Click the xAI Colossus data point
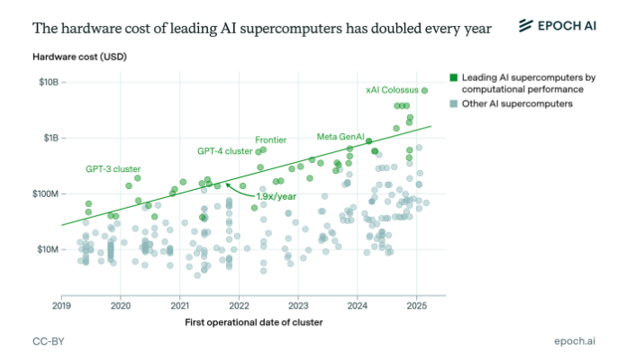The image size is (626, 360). [x=424, y=91]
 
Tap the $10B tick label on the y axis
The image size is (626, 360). [x=49, y=82]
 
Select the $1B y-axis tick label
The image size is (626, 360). [x=51, y=138]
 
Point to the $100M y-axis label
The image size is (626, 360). [x=46, y=194]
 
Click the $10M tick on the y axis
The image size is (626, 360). [x=48, y=250]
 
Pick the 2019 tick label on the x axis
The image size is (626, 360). [x=61, y=306]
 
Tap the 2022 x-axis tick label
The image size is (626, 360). [x=239, y=306]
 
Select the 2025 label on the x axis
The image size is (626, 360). [x=416, y=306]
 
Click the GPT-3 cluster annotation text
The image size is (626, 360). [x=113, y=169]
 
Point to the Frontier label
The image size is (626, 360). [x=271, y=140]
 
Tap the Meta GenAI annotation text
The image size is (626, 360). [x=340, y=137]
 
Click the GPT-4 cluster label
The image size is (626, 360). [x=225, y=151]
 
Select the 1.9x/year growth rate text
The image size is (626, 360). [x=276, y=197]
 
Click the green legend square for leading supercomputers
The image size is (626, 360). [x=454, y=77]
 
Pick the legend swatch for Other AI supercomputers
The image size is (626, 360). [x=454, y=103]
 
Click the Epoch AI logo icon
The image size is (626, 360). [x=525, y=25]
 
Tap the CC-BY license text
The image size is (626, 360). [x=49, y=341]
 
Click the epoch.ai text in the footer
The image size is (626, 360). [x=575, y=341]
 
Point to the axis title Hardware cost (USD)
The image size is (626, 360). [x=79, y=57]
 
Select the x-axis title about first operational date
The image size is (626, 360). [x=253, y=322]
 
